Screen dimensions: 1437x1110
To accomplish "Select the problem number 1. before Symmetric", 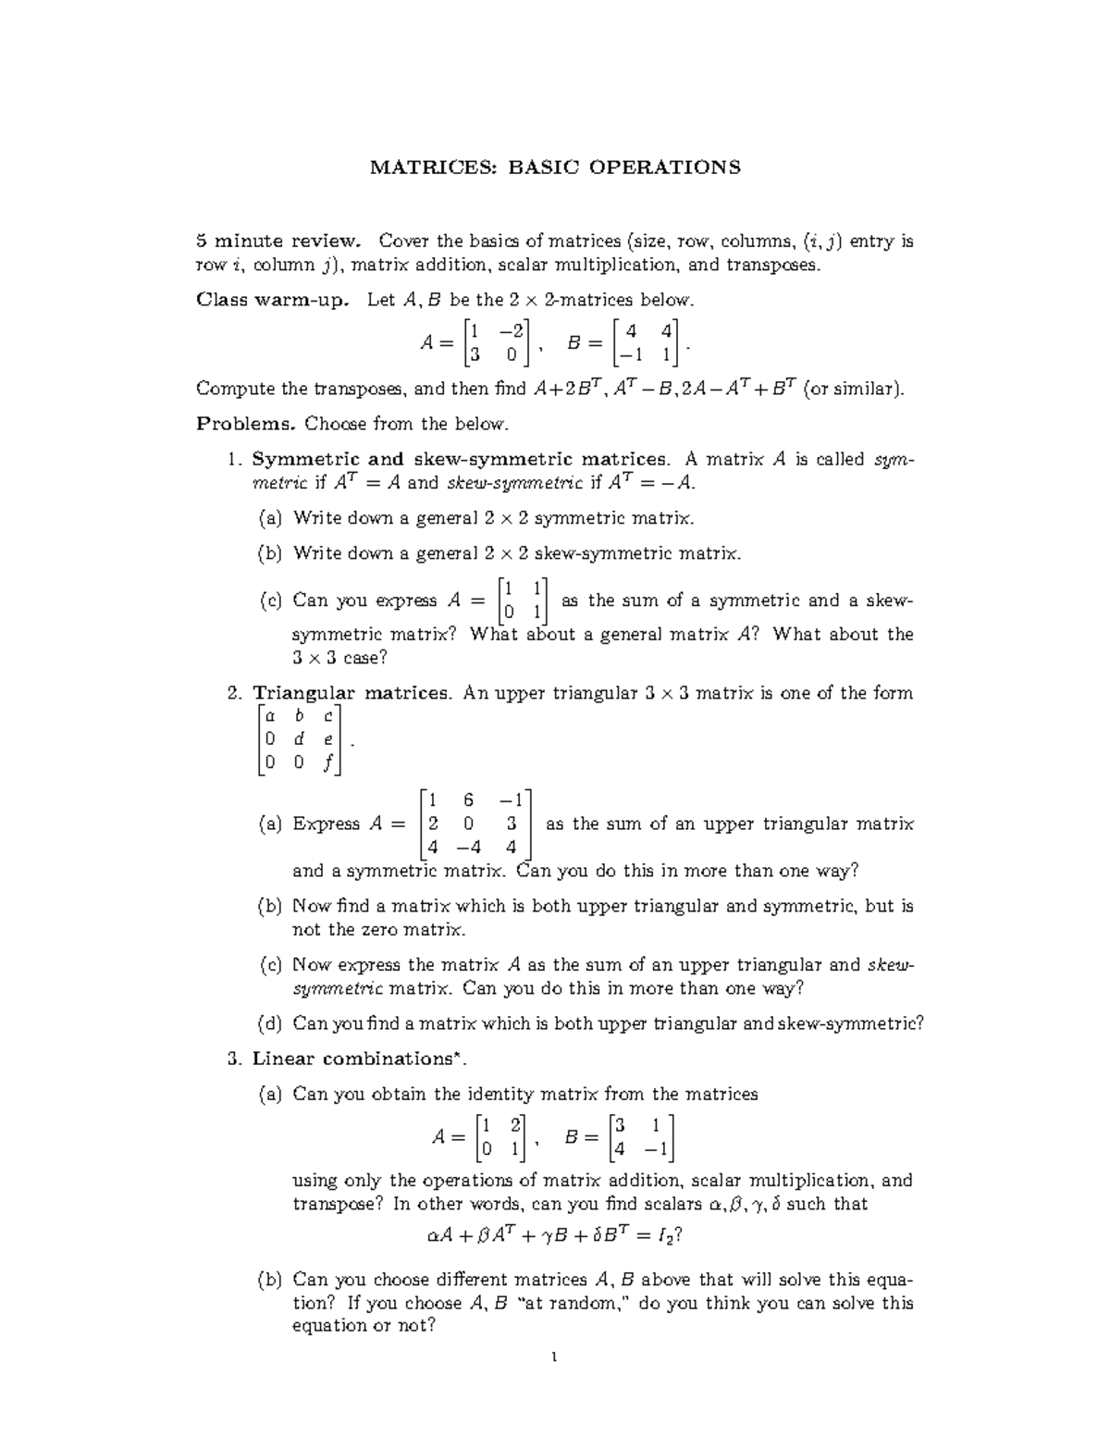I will [x=235, y=459].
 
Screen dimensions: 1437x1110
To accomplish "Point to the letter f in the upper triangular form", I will [x=327, y=763].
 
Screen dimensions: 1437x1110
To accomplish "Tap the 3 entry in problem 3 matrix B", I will [x=620, y=1125].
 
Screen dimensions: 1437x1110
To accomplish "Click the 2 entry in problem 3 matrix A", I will [x=515, y=1125].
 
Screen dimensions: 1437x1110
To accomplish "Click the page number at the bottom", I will [x=554, y=1358].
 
